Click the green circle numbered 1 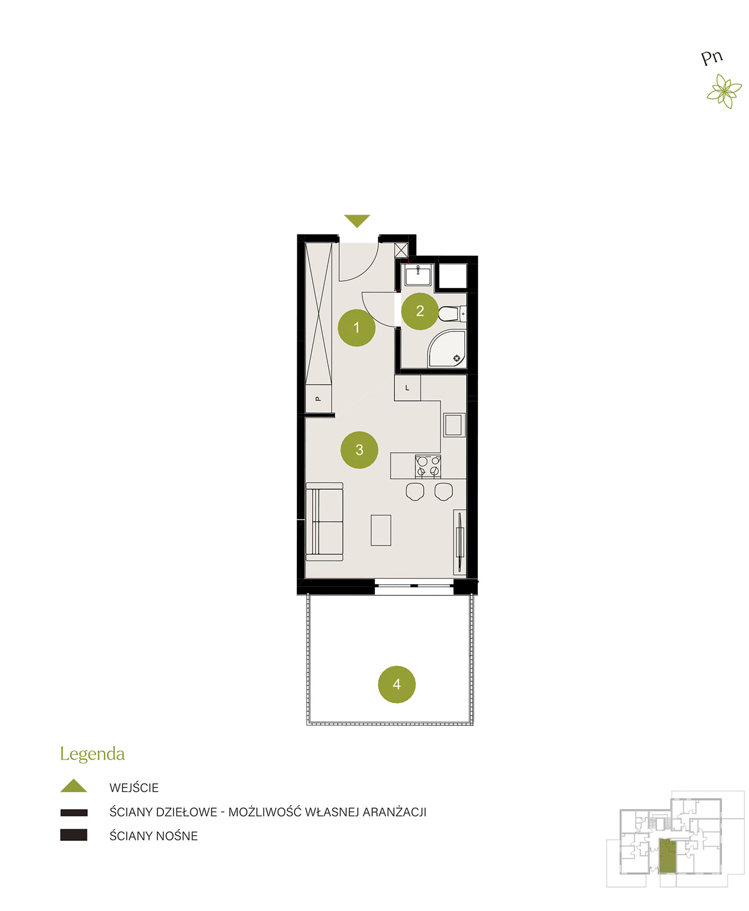pyautogui.click(x=356, y=327)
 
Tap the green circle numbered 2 pyautogui.click(x=420, y=311)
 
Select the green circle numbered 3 pyautogui.click(x=359, y=450)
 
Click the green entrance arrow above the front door pyautogui.click(x=357, y=220)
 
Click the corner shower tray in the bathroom pyautogui.click(x=447, y=349)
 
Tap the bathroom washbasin pyautogui.click(x=419, y=275)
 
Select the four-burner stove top pyautogui.click(x=428, y=466)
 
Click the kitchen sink pyautogui.click(x=454, y=425)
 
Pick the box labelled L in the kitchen pyautogui.click(x=407, y=388)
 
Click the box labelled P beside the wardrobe pyautogui.click(x=318, y=399)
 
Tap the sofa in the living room pyautogui.click(x=324, y=522)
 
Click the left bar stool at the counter pyautogui.click(x=415, y=491)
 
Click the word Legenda pyautogui.click(x=92, y=754)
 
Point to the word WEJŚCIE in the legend pyautogui.click(x=134, y=787)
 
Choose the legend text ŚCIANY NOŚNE pyautogui.click(x=153, y=836)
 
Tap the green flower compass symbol pyautogui.click(x=724, y=91)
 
